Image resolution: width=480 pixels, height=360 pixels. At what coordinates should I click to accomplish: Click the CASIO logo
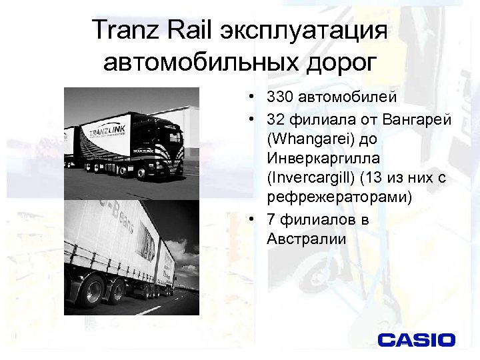pos(417,340)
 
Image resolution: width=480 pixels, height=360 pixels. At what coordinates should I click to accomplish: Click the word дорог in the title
pos(337,63)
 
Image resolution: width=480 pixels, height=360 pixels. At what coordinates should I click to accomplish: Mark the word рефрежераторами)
pos(339,198)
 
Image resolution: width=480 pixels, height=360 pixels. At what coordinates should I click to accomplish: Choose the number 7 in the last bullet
pos(271,219)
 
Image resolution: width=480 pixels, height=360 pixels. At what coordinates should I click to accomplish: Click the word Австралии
pos(307,239)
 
